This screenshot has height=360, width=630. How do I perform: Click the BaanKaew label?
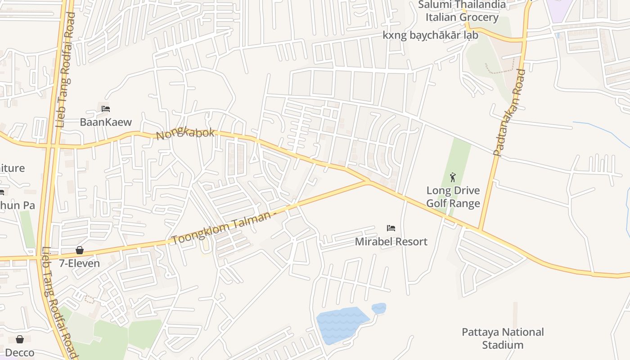[106, 122]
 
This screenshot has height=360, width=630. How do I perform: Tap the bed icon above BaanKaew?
[106, 109]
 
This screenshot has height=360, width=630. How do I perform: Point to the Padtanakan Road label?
[509, 112]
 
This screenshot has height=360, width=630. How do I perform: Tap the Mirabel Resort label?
[391, 242]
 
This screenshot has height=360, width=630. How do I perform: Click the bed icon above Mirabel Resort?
[391, 228]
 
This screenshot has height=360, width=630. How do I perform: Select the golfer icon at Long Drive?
[453, 177]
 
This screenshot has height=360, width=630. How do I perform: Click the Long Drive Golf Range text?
[453, 197]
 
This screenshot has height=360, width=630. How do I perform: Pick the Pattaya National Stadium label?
[503, 338]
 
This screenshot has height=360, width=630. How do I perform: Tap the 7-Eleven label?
[80, 263]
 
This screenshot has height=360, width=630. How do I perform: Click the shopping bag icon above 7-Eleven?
[80, 250]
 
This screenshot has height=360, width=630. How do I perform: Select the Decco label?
[20, 352]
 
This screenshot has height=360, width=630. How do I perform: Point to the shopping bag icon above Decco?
[20, 339]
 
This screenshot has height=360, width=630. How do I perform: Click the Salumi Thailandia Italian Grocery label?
[462, 11]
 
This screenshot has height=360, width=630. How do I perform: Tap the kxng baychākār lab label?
[430, 35]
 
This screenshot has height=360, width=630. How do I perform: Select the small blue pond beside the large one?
[379, 308]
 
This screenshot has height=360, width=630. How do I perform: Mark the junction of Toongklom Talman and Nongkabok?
[368, 182]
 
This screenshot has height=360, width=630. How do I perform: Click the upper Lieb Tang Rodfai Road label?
[65, 70]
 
